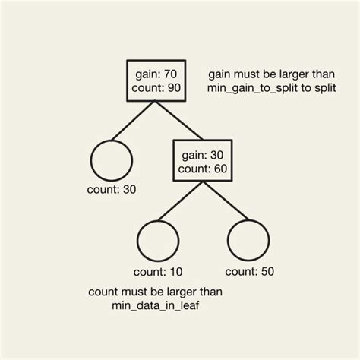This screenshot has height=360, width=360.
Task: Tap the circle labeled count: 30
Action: [111, 160]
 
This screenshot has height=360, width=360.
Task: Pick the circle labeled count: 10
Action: [156, 240]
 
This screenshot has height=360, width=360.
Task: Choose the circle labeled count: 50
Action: [249, 240]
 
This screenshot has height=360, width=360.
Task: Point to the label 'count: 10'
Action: [156, 271]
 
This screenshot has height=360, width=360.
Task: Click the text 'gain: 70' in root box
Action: [156, 75]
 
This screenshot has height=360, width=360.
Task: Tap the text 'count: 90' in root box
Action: [156, 90]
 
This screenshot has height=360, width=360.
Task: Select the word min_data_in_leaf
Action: [156, 305]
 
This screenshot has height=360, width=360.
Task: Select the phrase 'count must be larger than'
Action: [156, 292]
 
